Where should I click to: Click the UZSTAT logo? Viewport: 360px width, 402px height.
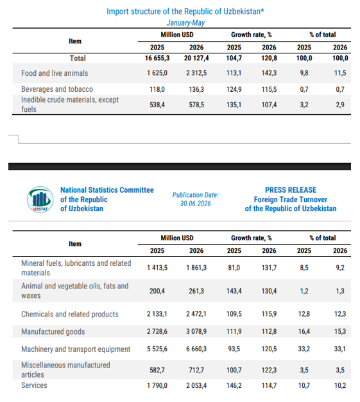(x=40, y=200)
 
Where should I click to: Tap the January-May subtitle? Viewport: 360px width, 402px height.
(x=185, y=23)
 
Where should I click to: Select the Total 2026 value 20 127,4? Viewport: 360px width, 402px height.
(x=196, y=58)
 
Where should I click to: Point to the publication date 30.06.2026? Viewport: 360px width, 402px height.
(x=196, y=204)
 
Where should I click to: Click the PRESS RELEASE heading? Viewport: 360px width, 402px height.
(x=291, y=190)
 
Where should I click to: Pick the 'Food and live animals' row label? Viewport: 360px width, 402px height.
(x=55, y=73)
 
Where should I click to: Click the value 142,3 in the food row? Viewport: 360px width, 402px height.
(x=269, y=73)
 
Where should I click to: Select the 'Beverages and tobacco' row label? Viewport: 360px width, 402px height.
(x=57, y=89)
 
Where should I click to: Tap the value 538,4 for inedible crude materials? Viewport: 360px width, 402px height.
(x=157, y=105)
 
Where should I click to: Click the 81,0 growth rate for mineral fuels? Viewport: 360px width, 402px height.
(x=234, y=268)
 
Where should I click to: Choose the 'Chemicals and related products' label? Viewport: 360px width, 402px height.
(x=70, y=314)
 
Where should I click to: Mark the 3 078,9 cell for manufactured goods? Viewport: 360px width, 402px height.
(x=196, y=331)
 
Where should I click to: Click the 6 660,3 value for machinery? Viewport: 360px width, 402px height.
(x=196, y=349)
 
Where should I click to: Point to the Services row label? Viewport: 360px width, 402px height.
(x=34, y=385)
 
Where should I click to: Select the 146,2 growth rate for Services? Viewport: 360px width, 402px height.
(x=234, y=385)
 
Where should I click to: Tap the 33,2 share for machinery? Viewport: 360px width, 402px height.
(x=304, y=349)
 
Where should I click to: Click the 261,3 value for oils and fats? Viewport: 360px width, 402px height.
(x=196, y=292)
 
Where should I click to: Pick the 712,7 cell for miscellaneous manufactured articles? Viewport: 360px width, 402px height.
(x=196, y=370)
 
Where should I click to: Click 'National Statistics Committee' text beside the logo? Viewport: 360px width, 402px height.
(x=107, y=190)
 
